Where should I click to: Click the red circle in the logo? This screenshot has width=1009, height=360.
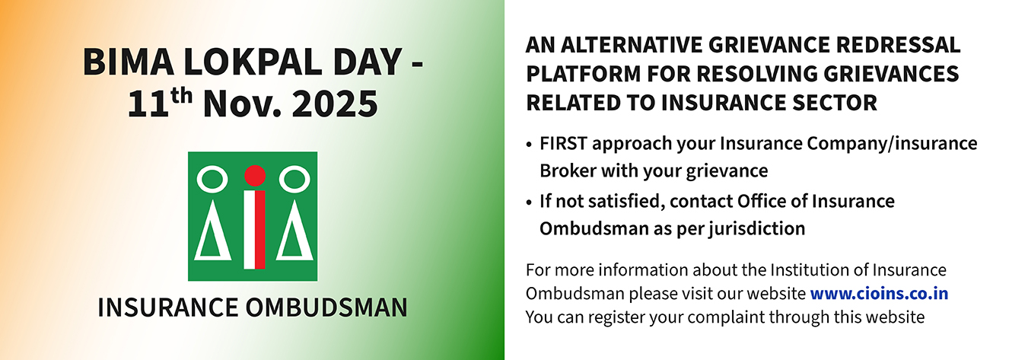[255, 176]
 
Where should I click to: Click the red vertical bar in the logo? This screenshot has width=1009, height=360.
[260, 230]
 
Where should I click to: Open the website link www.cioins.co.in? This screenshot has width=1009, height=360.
[879, 293]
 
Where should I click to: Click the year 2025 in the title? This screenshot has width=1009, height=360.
[335, 104]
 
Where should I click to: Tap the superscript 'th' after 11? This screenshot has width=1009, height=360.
[180, 96]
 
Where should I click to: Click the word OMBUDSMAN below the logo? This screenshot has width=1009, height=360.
[326, 307]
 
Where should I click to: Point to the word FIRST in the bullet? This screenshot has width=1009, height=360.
[563, 144]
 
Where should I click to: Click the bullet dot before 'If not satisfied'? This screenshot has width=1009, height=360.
[529, 202]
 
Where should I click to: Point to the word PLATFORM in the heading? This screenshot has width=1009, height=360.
[583, 74]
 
